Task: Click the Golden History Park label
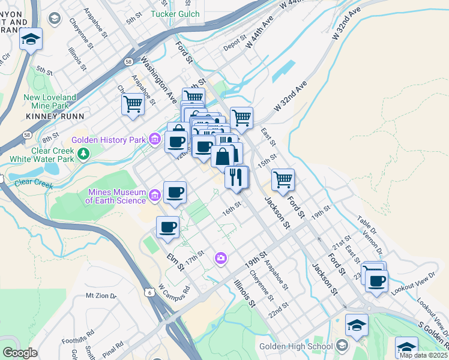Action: [109, 140]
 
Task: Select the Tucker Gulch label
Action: [175, 13]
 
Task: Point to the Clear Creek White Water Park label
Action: [41, 155]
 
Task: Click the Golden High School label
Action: [296, 346]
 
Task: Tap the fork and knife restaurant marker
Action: [236, 177]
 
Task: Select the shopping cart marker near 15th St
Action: [283, 178]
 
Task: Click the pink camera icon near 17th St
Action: [221, 257]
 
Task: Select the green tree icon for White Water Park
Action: [83, 154]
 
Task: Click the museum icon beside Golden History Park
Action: [154, 140]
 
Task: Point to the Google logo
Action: [20, 352]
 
